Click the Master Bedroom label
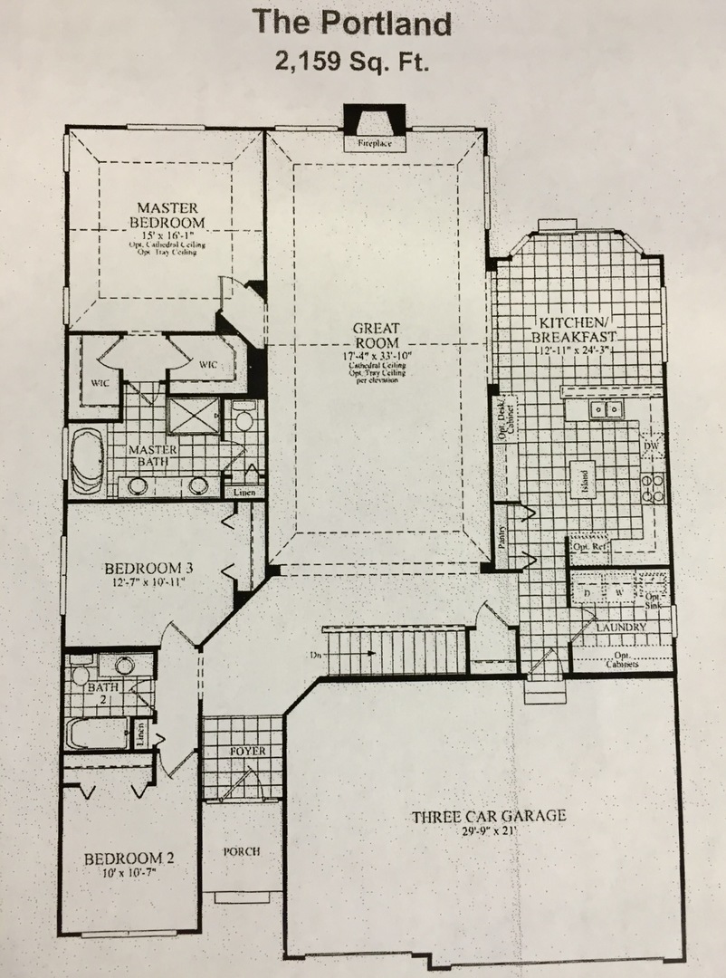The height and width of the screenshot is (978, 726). click(167, 216)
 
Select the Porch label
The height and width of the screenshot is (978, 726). click(242, 852)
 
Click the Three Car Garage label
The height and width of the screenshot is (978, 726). click(489, 816)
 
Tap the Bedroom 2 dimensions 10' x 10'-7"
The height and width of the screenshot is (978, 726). click(128, 873)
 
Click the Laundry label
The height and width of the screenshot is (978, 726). click(621, 627)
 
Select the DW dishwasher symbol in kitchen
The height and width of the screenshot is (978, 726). click(650, 446)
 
